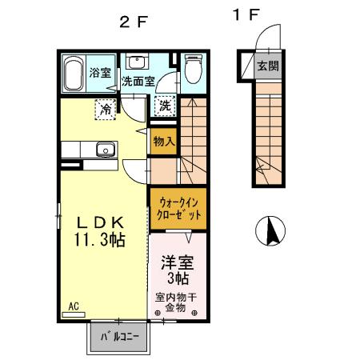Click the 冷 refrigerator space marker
(x=105, y=107)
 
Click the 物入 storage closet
(x=163, y=141)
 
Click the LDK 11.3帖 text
(x=99, y=230)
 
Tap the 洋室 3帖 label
(x=176, y=270)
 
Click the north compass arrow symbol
(x=271, y=231)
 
